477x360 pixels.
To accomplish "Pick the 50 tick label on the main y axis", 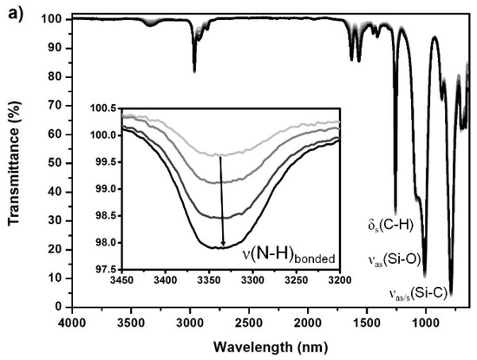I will [x=56, y=162].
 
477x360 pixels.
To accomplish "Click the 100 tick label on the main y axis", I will [x=53, y=18].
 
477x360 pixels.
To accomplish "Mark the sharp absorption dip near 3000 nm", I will [x=193, y=69].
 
